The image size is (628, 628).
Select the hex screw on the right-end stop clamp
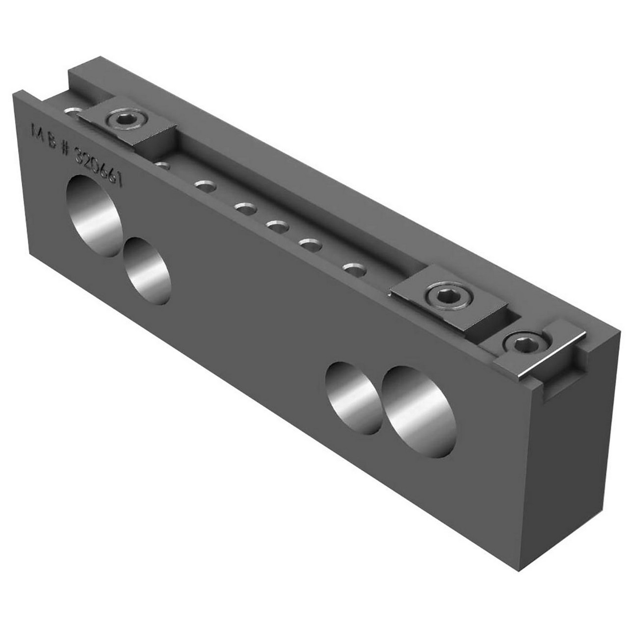click(521, 345)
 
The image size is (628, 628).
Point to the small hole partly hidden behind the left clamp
click(72, 114)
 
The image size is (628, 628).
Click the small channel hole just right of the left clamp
click(162, 165)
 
